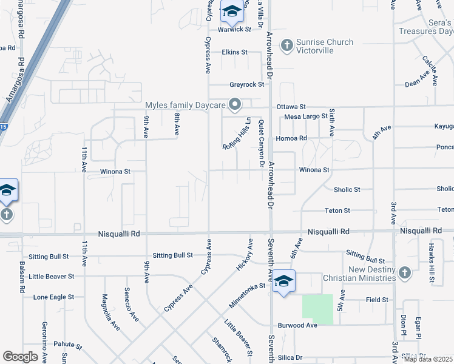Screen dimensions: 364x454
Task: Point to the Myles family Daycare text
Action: point(185,105)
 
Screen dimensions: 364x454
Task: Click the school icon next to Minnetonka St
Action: point(283,281)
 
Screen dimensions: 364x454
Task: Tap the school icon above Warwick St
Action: point(231,11)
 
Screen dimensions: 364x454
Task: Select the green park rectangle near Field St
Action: point(318,309)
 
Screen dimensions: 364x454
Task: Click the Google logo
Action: point(20,357)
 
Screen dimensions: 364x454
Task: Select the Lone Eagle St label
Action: point(53,297)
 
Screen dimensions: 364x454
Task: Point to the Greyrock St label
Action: point(247,85)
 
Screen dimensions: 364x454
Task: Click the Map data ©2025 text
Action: point(429,359)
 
